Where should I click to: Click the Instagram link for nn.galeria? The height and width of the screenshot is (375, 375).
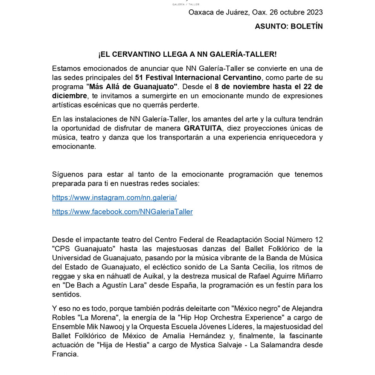114,198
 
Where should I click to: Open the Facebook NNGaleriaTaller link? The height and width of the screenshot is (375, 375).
122,212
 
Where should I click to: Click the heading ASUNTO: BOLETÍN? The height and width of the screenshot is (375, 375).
289,26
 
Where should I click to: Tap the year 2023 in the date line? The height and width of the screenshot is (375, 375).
314,12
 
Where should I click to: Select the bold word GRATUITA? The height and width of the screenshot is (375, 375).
203,128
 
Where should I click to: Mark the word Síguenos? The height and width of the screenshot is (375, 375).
67,174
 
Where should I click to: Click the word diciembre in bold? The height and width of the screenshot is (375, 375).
69,96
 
